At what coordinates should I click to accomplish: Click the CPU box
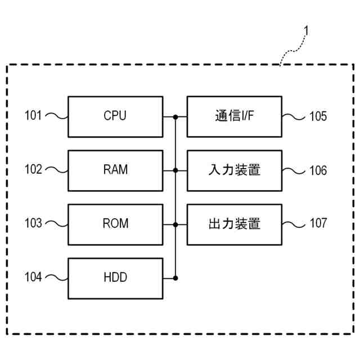[x=115, y=116]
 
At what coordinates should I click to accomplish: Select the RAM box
[x=115, y=170]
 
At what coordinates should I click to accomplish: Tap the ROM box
[x=115, y=224]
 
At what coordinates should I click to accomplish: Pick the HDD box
[x=115, y=278]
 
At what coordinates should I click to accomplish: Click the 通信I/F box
[x=235, y=116]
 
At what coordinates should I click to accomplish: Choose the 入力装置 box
[x=235, y=170]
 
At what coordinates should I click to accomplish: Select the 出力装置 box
[x=235, y=224]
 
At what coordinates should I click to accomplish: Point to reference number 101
[x=33, y=115]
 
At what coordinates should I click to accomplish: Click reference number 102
[x=33, y=169]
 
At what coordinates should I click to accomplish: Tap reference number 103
[x=33, y=223]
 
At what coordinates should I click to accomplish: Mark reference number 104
[x=33, y=277]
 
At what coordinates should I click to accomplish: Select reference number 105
[x=318, y=116]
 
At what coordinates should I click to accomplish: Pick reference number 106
[x=318, y=170]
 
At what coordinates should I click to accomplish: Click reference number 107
[x=318, y=223]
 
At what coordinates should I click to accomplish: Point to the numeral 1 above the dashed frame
[x=306, y=30]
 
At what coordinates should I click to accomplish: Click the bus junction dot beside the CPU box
[x=175, y=117]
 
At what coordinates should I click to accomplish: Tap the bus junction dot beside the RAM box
[x=175, y=170]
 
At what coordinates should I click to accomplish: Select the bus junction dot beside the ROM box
[x=175, y=225]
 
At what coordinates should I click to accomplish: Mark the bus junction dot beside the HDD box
[x=175, y=278]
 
